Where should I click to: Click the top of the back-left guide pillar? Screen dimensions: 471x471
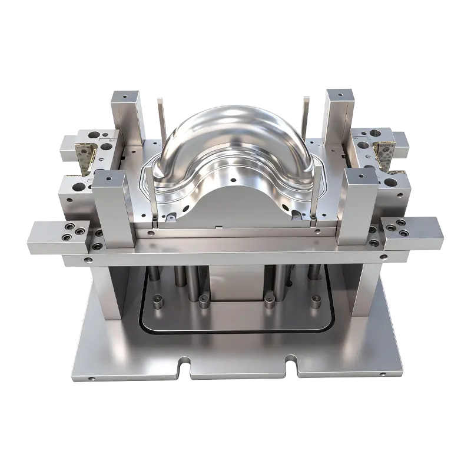[126, 95]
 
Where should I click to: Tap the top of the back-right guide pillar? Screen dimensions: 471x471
[340, 91]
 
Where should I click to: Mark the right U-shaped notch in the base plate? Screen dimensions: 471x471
[290, 364]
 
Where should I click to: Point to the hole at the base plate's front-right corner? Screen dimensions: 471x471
[383, 374]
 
